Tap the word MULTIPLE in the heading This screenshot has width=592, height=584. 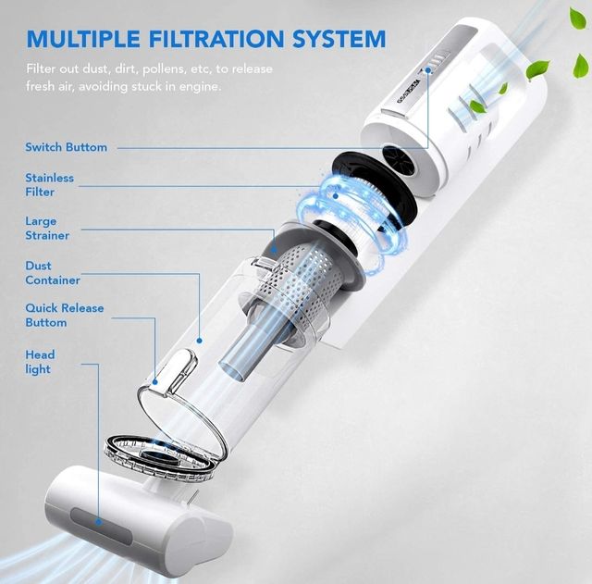pyautogui.click(x=83, y=39)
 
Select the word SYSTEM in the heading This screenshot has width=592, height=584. pyautogui.click(x=339, y=39)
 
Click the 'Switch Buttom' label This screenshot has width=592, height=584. pyautogui.click(x=66, y=147)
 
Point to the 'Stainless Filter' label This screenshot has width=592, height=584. pyautogui.click(x=49, y=185)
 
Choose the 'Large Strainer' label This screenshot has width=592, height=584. pyautogui.click(x=47, y=229)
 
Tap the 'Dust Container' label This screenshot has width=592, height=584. pyautogui.click(x=53, y=273)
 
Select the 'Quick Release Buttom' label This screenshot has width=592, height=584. pyautogui.click(x=65, y=315)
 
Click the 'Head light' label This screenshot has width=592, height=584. pyautogui.click(x=40, y=362)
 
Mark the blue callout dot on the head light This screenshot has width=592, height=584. pyautogui.click(x=99, y=522)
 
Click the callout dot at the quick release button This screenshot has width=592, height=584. pyautogui.click(x=154, y=382)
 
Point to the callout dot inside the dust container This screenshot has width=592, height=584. pyautogui.click(x=200, y=341)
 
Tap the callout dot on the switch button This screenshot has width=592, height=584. pyautogui.click(x=427, y=70)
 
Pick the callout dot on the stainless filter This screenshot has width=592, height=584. pyautogui.click(x=336, y=195)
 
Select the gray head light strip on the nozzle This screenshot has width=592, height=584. pyautogui.click(x=101, y=526)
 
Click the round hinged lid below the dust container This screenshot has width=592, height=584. pyautogui.click(x=160, y=457)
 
